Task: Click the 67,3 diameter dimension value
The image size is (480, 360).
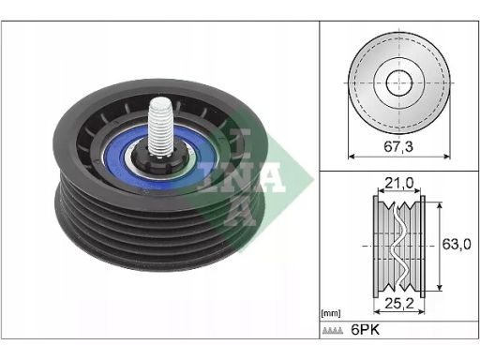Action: pos(398,146)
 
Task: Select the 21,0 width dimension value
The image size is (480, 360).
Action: pos(399,183)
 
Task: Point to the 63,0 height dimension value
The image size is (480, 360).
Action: pos(457,244)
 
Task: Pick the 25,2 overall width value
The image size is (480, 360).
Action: pos(399,303)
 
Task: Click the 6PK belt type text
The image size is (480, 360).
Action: pos(366,330)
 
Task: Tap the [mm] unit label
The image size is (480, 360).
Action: pos(331,313)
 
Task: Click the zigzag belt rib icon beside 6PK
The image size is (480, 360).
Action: pos(333,331)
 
